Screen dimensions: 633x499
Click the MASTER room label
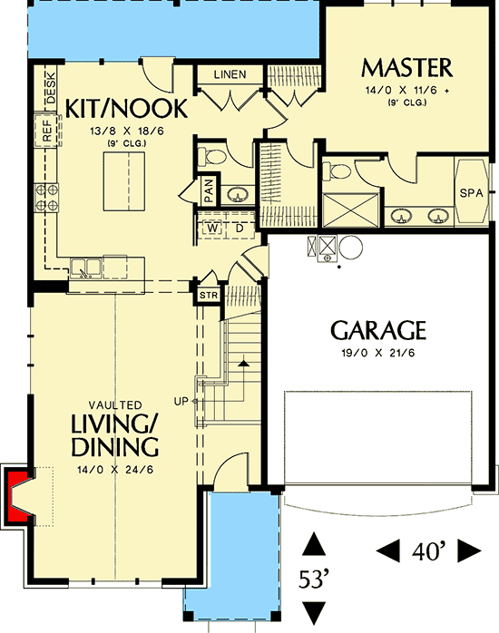(x=406, y=68)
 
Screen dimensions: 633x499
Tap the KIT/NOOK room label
(x=127, y=110)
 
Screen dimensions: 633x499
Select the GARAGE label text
(x=378, y=328)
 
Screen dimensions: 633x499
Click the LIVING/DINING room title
(x=114, y=434)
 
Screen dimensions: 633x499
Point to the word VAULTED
(x=114, y=404)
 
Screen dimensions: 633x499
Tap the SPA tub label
(x=470, y=193)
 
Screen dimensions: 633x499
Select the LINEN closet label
(x=230, y=74)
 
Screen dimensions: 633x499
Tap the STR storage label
(x=207, y=295)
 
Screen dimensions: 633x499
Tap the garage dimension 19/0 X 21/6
(x=378, y=352)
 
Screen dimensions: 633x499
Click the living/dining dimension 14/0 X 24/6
(x=114, y=470)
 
